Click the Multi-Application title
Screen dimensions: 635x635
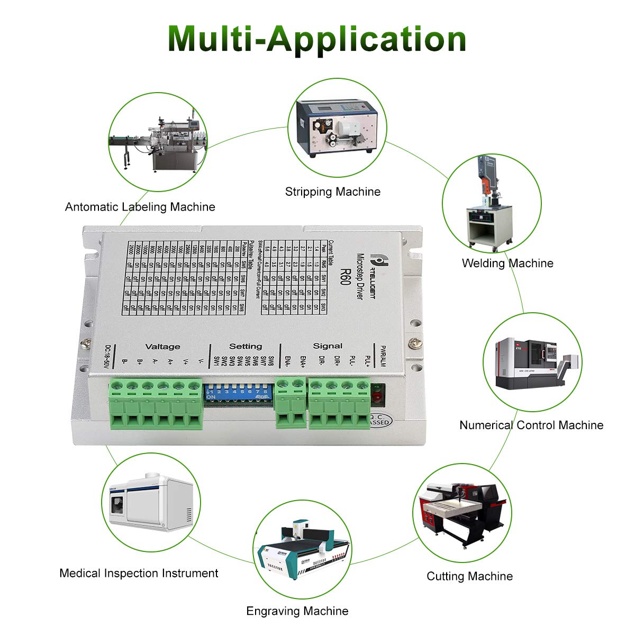coord(317,38)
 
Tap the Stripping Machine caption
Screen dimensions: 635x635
coord(333,192)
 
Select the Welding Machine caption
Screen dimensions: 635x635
coord(507,263)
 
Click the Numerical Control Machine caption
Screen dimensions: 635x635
coord(531,425)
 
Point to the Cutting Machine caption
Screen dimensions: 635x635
coord(469,576)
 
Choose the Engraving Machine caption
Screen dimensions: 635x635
coord(297,611)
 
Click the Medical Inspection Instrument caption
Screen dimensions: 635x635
coord(139,573)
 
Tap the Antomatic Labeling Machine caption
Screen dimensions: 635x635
coord(140,207)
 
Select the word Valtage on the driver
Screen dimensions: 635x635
coord(163,347)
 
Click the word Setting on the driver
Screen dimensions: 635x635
coord(246,346)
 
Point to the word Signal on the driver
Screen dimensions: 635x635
coord(328,346)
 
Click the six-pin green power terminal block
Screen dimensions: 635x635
coord(156,405)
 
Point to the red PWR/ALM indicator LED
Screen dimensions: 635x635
coord(377,396)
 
